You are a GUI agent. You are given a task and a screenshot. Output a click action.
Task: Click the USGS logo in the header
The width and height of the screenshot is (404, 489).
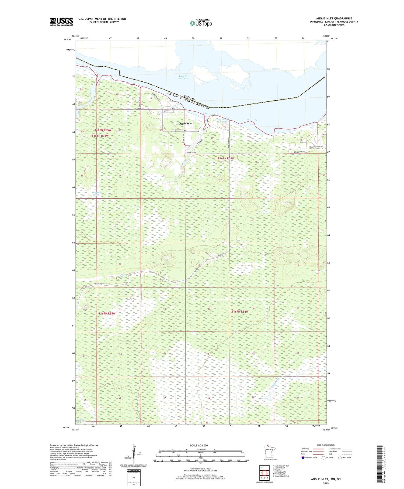61,22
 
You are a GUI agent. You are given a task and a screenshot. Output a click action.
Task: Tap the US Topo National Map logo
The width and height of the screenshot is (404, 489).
201,23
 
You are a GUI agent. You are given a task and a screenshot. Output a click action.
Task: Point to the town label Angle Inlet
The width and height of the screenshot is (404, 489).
186,123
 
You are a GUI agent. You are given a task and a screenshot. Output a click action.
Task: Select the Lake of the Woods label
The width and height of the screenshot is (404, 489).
183,77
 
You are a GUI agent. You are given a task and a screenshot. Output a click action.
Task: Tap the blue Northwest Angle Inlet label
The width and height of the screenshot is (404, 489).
222,120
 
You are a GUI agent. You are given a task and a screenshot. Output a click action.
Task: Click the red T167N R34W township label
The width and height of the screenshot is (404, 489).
240,312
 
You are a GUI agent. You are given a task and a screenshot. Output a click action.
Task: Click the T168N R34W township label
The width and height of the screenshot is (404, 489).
226,158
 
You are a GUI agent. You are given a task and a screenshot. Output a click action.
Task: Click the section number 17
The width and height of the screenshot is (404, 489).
209,309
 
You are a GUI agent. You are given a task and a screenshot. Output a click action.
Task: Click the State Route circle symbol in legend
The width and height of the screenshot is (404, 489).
340,458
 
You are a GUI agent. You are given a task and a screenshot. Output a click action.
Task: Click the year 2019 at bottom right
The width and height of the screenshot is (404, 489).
326,483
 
